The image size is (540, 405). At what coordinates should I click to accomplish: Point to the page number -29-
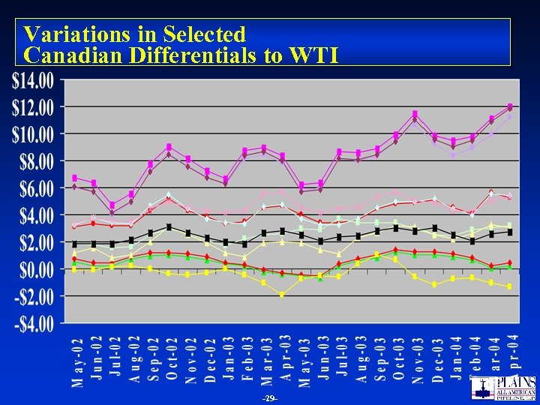pyautogui.click(x=270, y=397)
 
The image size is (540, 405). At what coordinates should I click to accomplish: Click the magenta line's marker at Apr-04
pyautogui.click(x=510, y=106)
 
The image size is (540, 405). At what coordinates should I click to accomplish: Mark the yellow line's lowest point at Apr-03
pyautogui.click(x=282, y=295)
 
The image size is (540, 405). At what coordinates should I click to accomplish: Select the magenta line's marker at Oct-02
pyautogui.click(x=169, y=146)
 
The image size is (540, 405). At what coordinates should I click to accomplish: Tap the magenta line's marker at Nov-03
pyautogui.click(x=415, y=114)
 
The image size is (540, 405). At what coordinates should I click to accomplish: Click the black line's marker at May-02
pyautogui.click(x=74, y=244)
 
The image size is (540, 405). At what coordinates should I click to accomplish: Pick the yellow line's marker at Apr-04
pyautogui.click(x=510, y=286)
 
